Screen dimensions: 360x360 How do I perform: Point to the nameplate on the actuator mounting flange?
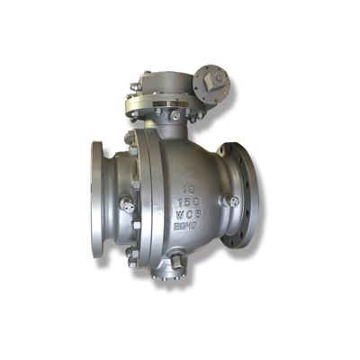pos(167,107)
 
